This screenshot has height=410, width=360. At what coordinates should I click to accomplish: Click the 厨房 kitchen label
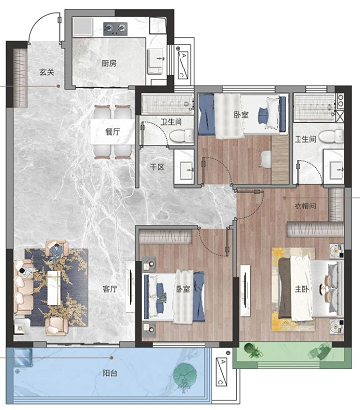(109, 63)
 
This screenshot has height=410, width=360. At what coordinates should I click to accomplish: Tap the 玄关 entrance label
(46, 72)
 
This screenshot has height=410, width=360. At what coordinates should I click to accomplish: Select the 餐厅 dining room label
(113, 132)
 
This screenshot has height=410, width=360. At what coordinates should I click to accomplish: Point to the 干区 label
(157, 167)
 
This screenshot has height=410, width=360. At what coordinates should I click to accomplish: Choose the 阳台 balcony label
(110, 374)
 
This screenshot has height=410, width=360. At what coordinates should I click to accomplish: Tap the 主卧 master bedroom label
(301, 289)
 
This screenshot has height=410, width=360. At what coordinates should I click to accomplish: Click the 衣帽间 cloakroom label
(305, 206)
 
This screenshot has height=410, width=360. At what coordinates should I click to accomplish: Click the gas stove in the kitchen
(115, 29)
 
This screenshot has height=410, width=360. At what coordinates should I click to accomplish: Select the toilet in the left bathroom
(181, 135)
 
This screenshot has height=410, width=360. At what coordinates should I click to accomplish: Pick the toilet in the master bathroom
(332, 136)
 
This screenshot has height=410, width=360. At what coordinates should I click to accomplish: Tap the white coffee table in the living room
(55, 287)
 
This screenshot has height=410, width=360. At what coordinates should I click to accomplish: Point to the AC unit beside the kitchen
(182, 65)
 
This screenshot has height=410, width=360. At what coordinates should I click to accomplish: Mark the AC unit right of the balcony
(221, 372)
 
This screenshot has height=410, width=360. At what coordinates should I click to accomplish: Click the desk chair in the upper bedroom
(266, 159)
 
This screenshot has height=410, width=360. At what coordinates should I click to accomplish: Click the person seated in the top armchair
(57, 250)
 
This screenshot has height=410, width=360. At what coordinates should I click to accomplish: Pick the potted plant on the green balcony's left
(253, 351)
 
